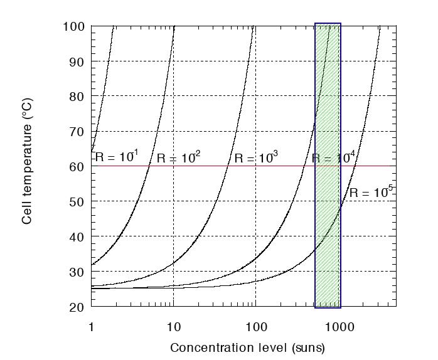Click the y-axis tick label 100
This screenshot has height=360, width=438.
pyautogui.click(x=75, y=26)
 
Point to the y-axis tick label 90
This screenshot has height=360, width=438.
pyautogui.click(x=77, y=61)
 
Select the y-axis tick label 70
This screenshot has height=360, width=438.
pyautogui.click(x=77, y=132)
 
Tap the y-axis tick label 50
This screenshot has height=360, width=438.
pyautogui.click(x=77, y=202)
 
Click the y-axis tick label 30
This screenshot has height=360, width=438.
pyautogui.click(x=77, y=272)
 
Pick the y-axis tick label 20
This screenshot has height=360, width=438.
pyautogui.click(x=77, y=307)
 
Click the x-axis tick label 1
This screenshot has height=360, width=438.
pyautogui.click(x=92, y=326)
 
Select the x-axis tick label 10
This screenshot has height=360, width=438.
pyautogui.click(x=173, y=326)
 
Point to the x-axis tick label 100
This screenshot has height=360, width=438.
pyautogui.click(x=255, y=326)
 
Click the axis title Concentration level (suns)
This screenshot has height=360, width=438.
pyautogui.click(x=247, y=347)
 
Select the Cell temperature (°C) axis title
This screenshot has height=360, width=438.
pyautogui.click(x=28, y=166)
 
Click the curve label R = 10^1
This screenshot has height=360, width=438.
pyautogui.click(x=117, y=157)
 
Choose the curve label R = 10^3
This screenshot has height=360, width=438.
pyautogui.click(x=256, y=157)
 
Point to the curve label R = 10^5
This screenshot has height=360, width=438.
pyautogui.click(x=371, y=192)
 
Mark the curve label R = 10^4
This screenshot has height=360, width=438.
pyautogui.click(x=334, y=157)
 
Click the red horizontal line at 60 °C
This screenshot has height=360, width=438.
pyautogui.click(x=207, y=166)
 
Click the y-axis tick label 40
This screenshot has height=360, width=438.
pyautogui.click(x=77, y=237)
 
